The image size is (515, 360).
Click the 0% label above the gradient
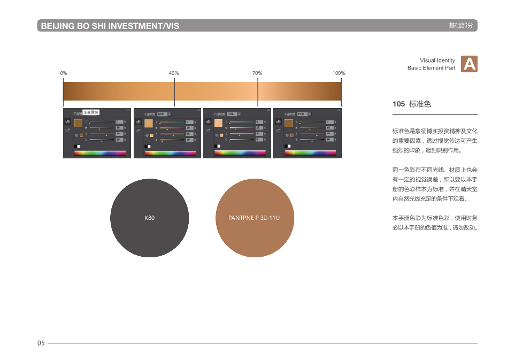point(64,73)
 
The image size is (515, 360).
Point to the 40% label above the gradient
point(174,73)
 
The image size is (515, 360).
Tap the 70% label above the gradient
point(257,73)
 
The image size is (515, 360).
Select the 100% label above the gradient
point(339,73)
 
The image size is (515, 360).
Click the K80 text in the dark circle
point(150,218)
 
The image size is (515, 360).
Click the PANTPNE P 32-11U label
point(254,218)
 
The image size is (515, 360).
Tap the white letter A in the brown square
point(469,64)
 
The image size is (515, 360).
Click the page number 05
point(41,343)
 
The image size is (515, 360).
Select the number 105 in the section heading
point(398,104)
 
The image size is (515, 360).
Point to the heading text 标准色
point(420,104)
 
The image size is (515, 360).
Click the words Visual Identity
point(437,60)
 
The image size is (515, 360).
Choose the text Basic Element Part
point(431,68)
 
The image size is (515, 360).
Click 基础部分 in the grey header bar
point(460,26)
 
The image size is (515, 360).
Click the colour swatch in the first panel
point(78,124)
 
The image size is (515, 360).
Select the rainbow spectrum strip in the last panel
point(310,153)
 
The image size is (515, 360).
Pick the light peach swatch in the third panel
point(218,124)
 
